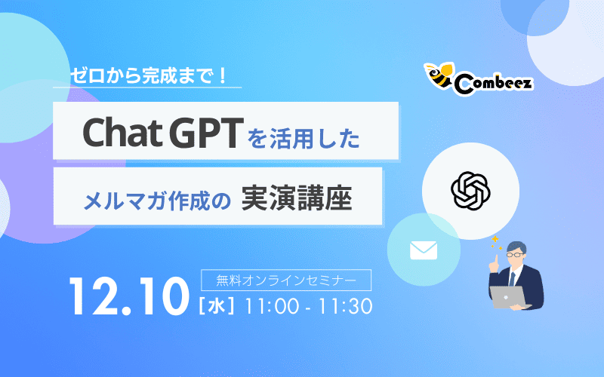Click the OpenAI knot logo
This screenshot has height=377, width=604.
pyautogui.click(x=470, y=191)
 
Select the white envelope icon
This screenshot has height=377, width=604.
pyautogui.click(x=424, y=250)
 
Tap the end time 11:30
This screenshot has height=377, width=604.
pyautogui.click(x=344, y=307)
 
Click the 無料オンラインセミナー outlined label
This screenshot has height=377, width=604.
pyautogui.click(x=285, y=280)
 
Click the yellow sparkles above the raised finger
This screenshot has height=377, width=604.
pyautogui.click(x=496, y=240)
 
